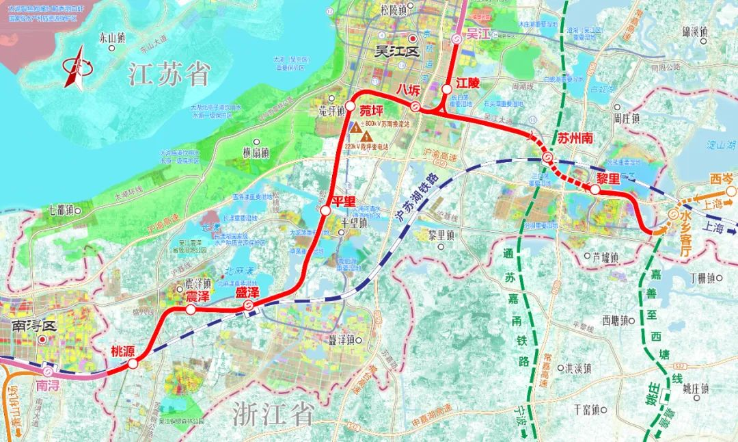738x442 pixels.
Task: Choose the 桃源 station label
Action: coord(124,352)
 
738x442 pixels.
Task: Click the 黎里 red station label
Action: coord(607,177)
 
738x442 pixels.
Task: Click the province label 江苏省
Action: coord(169,75)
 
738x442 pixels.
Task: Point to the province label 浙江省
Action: coord(273,413)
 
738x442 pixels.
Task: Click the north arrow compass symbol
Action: coord(77,66)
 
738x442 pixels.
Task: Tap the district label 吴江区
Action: coord(399,51)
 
